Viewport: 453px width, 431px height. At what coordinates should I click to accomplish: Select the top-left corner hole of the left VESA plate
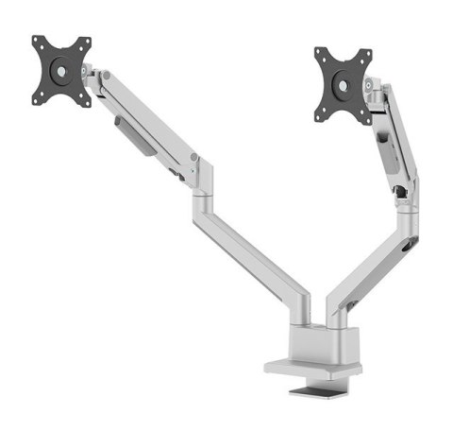pos(39,43)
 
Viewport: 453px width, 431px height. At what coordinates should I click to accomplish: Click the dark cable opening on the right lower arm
pos(410,245)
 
